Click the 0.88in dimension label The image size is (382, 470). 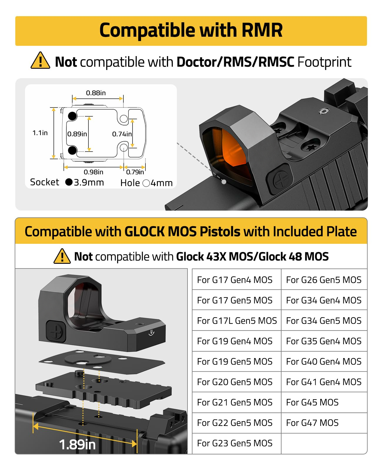click(x=96, y=93)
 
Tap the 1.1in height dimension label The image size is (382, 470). click(x=40, y=133)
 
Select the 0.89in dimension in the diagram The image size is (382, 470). click(x=77, y=134)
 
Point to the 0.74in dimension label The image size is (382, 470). click(x=122, y=134)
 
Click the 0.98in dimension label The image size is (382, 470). click(x=93, y=172)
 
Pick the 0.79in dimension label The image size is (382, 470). click(x=135, y=172)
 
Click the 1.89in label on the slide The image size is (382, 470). click(x=77, y=444)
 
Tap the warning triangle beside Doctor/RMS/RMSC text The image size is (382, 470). click(x=40, y=61)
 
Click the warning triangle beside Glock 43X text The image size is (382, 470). click(x=62, y=256)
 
